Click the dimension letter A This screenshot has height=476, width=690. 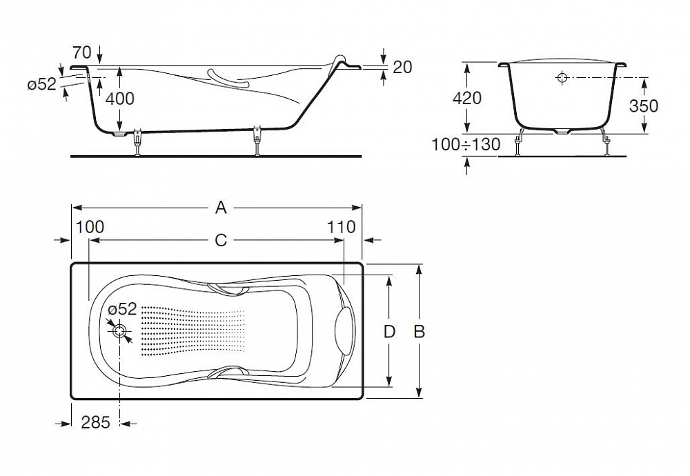point(221,207)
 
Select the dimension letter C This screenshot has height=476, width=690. point(221,240)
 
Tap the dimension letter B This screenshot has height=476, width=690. point(419,331)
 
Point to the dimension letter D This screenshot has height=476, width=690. point(389,331)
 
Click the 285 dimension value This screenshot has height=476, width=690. point(95,423)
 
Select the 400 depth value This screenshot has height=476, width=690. point(120,99)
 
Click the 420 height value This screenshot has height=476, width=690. point(467,98)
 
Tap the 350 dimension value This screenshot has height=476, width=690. point(643,106)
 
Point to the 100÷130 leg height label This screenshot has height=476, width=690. point(466,144)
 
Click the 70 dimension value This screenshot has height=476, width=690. point(82,52)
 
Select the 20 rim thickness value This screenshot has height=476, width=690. point(402,67)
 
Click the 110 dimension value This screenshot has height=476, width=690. point(341,227)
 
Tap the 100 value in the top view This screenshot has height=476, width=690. point(90,227)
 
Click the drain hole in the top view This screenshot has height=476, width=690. point(119,331)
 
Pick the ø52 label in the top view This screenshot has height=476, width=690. point(122,309)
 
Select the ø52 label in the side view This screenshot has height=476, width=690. point(42,84)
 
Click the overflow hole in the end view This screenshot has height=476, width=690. point(562,79)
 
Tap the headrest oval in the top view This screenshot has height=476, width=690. point(344,331)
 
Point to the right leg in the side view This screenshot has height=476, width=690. point(257,141)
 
